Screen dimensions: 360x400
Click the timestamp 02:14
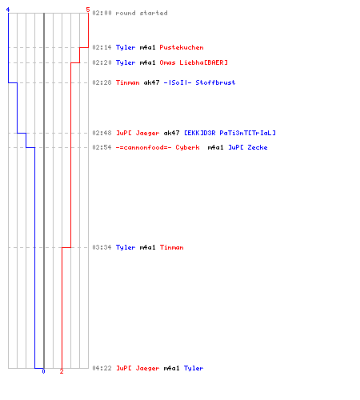click(102, 47)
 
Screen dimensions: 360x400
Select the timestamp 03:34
click(102, 247)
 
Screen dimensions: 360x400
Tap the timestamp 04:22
click(102, 368)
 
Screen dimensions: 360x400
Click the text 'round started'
click(142, 13)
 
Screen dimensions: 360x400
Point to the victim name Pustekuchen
click(182, 47)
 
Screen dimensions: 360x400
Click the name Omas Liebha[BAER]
click(194, 62)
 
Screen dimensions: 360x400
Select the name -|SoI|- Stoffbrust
click(199, 82)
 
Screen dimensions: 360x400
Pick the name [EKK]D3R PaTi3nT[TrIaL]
click(230, 133)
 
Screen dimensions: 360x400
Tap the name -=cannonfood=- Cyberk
click(158, 147)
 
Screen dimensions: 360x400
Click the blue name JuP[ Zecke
click(248, 147)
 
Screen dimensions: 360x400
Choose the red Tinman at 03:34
click(171, 247)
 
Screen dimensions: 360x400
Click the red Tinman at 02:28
click(127, 82)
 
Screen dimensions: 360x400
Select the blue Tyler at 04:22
click(194, 368)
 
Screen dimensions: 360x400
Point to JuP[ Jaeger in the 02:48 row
click(138, 133)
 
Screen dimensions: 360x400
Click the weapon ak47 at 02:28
click(151, 82)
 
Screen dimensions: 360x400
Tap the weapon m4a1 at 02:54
click(215, 147)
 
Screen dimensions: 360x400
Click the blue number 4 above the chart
click(8, 10)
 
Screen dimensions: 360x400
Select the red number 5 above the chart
click(88, 10)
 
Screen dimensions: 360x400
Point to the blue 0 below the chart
click(43, 371)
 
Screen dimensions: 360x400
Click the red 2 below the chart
click(62, 371)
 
